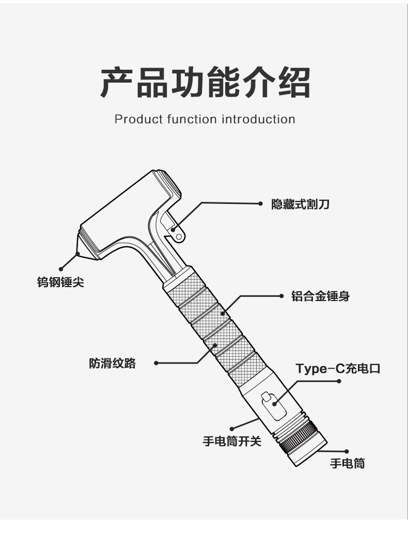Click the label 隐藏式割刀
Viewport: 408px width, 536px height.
pos(300,204)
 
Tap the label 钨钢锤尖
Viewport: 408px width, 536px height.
pos(60,283)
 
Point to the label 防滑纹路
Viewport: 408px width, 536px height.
pos(112,363)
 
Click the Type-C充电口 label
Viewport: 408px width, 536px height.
pos(337,368)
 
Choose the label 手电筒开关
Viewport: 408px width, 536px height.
pos(232,442)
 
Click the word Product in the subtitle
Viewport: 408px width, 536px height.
pos(139,119)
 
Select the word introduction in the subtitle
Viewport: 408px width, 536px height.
pos(258,119)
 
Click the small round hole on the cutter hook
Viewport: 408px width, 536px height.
pos(179,236)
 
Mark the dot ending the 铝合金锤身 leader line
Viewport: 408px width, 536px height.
pos(281,296)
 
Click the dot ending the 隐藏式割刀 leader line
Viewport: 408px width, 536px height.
pos(261,203)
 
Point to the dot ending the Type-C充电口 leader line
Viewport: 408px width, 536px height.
pos(339,381)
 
